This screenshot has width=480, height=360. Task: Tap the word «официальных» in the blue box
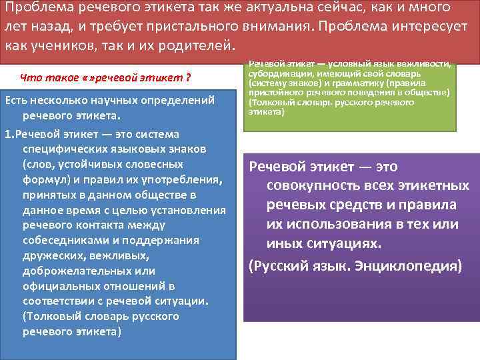click(57, 286)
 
